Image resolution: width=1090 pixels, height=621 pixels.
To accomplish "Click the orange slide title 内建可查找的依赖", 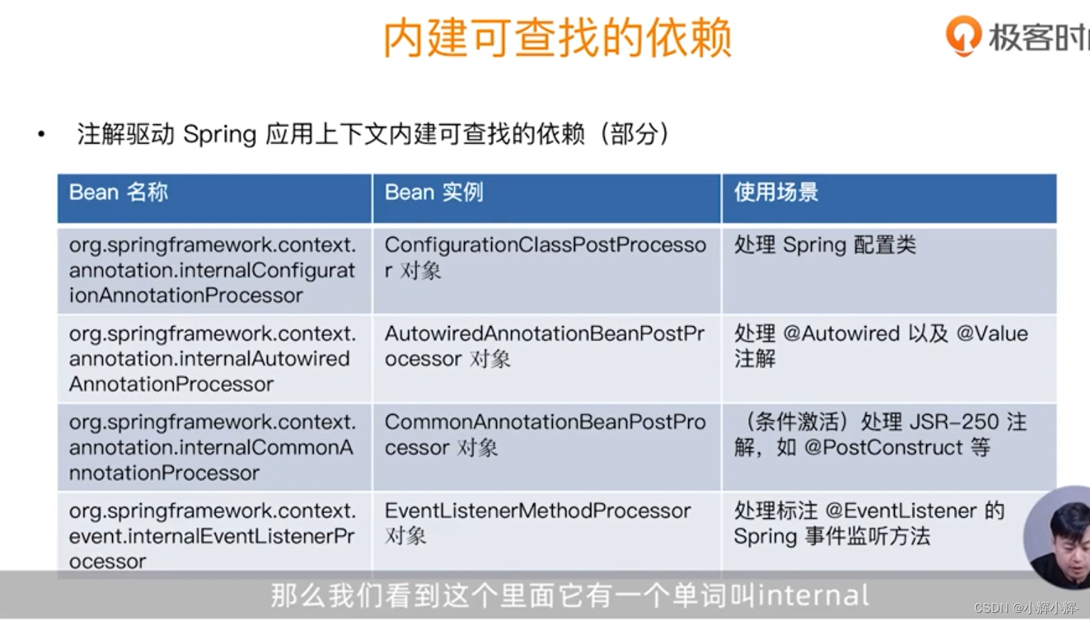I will pyautogui.click(x=557, y=38).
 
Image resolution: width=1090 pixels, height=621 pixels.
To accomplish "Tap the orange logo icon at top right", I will pyautogui.click(x=962, y=35).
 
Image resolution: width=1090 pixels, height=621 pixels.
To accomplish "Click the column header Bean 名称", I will pyautogui.click(x=118, y=192).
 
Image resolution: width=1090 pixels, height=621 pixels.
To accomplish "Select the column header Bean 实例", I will pyautogui.click(x=434, y=192).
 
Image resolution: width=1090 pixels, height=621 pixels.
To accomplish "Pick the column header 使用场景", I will pyautogui.click(x=776, y=192).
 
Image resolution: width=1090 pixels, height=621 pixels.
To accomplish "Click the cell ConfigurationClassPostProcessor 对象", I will pyautogui.click(x=545, y=257).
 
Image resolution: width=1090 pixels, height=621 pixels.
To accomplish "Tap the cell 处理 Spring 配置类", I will pyautogui.click(x=825, y=245).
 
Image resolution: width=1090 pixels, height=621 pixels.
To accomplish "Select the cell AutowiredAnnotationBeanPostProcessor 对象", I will pyautogui.click(x=544, y=346).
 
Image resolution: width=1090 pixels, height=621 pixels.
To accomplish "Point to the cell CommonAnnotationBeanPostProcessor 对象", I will pyautogui.click(x=545, y=434).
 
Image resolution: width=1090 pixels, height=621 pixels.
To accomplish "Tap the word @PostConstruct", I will pyautogui.click(x=883, y=447).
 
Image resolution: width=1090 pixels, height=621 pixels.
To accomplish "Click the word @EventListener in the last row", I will pyautogui.click(x=900, y=511).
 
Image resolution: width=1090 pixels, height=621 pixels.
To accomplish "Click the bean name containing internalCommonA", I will pyautogui.click(x=211, y=447).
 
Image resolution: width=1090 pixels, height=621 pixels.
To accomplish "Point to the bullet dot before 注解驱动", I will pyautogui.click(x=41, y=134).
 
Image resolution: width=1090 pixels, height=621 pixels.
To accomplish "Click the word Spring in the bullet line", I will pyautogui.click(x=219, y=134).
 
